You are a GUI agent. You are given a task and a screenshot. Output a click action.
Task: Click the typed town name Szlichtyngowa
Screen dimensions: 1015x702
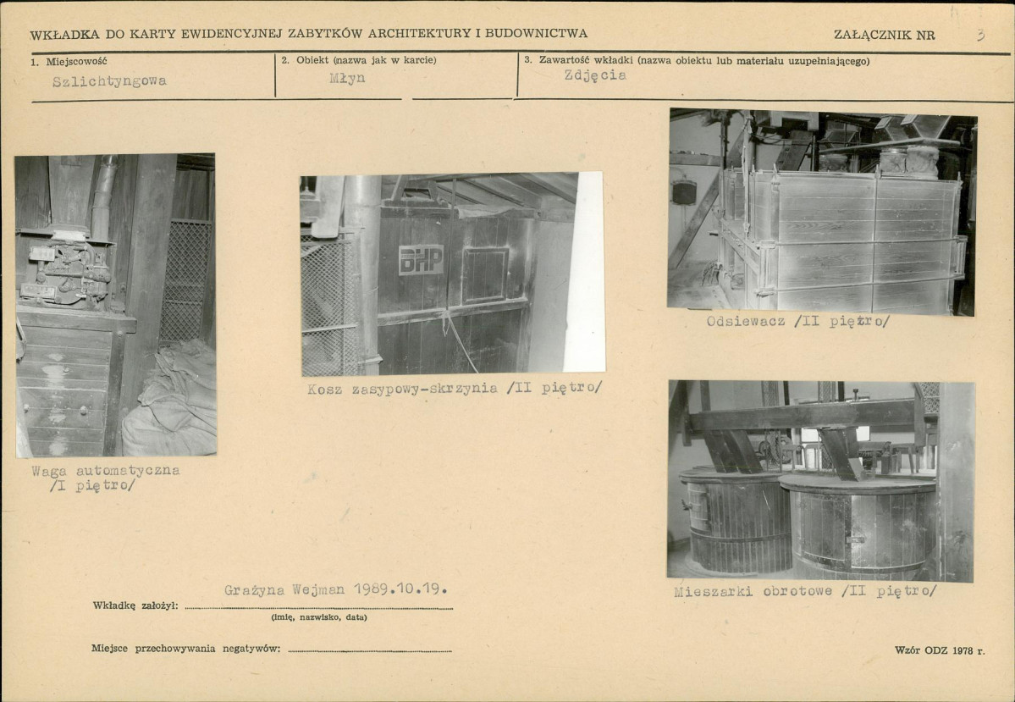(109, 81)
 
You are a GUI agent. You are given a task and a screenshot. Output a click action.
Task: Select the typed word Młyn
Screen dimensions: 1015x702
(347, 79)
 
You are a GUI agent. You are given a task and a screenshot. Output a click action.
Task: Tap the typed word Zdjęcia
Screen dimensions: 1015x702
(595, 75)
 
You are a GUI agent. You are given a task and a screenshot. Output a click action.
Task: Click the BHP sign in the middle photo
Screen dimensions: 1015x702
(421, 260)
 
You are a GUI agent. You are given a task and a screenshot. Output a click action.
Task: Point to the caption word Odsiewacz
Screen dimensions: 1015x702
(746, 321)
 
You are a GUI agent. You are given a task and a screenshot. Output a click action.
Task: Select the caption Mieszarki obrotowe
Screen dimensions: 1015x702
(753, 591)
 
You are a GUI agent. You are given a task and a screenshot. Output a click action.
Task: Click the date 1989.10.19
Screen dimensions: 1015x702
(400, 589)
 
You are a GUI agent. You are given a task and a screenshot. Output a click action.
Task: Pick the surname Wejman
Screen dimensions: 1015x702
(318, 590)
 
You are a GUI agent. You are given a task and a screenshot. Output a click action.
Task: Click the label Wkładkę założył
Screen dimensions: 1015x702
(135, 605)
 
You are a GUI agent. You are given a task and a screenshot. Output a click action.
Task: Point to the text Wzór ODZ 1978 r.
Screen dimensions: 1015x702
(940, 650)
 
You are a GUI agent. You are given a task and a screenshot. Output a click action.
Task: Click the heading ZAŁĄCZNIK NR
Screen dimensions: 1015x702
(885, 35)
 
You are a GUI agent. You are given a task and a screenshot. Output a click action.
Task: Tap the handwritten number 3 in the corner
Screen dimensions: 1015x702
(980, 35)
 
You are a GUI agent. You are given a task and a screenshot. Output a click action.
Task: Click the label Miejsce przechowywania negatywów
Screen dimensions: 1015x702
(185, 649)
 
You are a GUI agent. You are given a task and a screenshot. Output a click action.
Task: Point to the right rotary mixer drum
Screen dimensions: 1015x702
(858, 525)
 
